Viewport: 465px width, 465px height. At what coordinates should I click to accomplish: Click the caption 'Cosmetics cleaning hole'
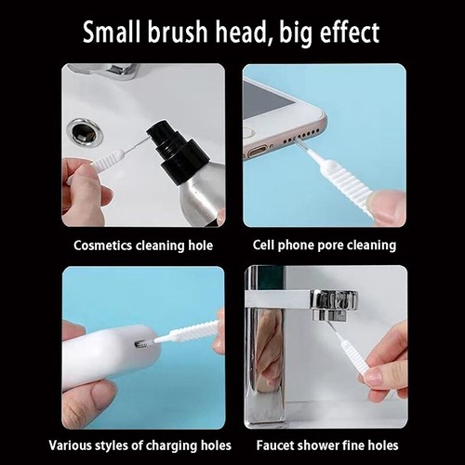click(144, 246)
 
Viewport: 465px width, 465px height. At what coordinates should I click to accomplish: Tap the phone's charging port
click(258, 148)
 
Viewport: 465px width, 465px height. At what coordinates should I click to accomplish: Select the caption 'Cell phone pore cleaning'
click(325, 246)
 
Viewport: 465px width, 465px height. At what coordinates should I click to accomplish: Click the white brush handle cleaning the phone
click(340, 181)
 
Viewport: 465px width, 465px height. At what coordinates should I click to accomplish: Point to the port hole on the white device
click(143, 344)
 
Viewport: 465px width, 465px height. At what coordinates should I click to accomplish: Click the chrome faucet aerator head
click(333, 301)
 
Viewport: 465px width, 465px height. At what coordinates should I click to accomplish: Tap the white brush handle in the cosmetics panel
click(108, 160)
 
